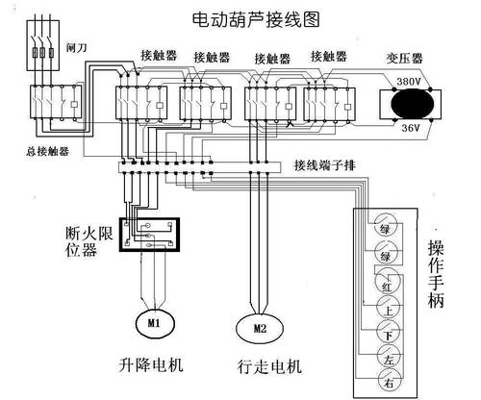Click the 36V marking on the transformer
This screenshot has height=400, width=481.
tap(407, 125)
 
